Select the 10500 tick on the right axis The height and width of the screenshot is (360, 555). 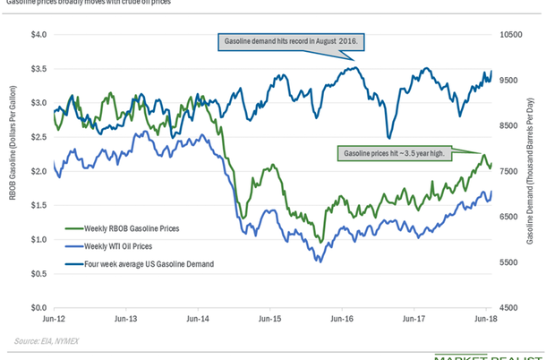511,35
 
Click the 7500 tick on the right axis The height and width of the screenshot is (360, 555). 509,171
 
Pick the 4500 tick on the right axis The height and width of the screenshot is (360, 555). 509,308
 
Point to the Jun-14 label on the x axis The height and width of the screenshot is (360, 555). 200,319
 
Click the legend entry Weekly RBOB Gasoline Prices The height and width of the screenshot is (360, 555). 131,229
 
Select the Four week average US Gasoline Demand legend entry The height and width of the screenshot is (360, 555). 141,263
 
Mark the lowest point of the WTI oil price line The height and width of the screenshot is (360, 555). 318,261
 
